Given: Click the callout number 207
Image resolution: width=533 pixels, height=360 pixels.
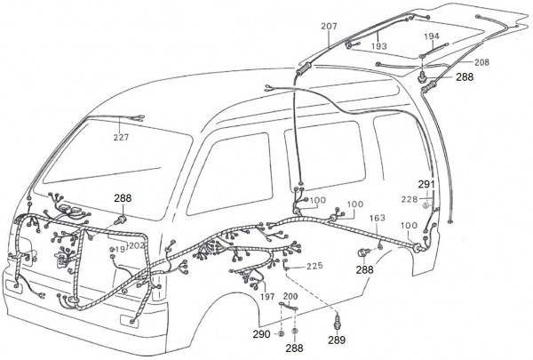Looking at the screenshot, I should [329, 28].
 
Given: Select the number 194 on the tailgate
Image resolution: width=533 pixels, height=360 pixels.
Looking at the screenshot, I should [432, 37].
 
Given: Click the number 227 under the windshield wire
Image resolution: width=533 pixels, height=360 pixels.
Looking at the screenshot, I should [120, 138].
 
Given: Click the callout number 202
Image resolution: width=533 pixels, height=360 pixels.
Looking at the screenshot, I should [137, 245].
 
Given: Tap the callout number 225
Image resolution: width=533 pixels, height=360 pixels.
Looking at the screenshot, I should [314, 265].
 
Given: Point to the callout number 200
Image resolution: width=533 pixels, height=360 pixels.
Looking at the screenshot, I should [290, 296].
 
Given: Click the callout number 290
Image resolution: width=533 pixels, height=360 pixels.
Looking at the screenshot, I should [259, 334].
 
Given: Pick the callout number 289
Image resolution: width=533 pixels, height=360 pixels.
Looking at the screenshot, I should [335, 339].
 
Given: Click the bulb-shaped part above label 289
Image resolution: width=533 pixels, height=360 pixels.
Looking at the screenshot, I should [336, 318].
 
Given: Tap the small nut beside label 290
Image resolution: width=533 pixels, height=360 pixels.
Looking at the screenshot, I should [280, 334].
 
